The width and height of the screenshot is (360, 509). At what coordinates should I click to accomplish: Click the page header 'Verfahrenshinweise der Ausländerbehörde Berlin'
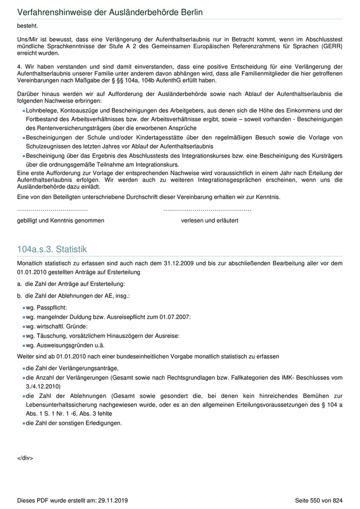tap(110, 11)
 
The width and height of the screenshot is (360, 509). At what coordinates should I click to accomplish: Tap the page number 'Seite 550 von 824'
tap(318, 500)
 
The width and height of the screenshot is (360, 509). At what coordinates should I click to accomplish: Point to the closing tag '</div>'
tap(25, 458)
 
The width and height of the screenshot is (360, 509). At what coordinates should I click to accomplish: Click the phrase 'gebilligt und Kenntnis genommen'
tap(61, 221)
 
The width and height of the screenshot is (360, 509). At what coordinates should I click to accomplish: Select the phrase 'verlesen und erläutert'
tap(209, 221)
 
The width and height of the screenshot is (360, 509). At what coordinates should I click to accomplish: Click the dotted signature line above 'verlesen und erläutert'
tap(207, 210)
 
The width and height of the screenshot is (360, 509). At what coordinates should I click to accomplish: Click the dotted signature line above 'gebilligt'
tap(52, 210)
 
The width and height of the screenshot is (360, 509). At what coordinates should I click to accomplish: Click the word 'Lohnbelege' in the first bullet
tap(41, 111)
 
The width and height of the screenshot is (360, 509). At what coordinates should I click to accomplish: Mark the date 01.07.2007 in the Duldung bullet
tap(175, 317)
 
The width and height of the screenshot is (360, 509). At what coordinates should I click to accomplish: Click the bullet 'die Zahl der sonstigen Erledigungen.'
tap(74, 423)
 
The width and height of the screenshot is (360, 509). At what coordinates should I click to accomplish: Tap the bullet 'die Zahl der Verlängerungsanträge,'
tap(72, 368)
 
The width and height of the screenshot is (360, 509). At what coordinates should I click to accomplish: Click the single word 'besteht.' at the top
tap(27, 25)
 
